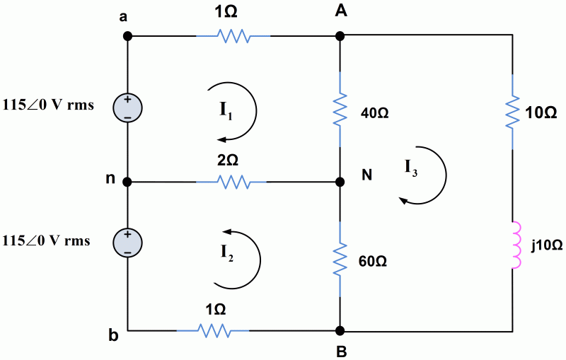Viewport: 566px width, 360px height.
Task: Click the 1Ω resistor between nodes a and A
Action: (x=233, y=35)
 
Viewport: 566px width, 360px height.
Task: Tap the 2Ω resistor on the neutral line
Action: (x=231, y=182)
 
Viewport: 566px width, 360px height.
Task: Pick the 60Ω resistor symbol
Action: (x=340, y=260)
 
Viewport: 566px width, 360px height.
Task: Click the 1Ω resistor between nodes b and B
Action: (x=212, y=330)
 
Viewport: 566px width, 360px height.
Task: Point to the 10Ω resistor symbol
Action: (x=512, y=111)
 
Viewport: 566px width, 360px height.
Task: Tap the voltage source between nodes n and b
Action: (x=128, y=241)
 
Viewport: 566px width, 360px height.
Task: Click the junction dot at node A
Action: (x=340, y=35)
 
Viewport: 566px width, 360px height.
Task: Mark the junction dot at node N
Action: (x=340, y=182)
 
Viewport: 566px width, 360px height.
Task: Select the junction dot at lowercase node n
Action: (x=128, y=182)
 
